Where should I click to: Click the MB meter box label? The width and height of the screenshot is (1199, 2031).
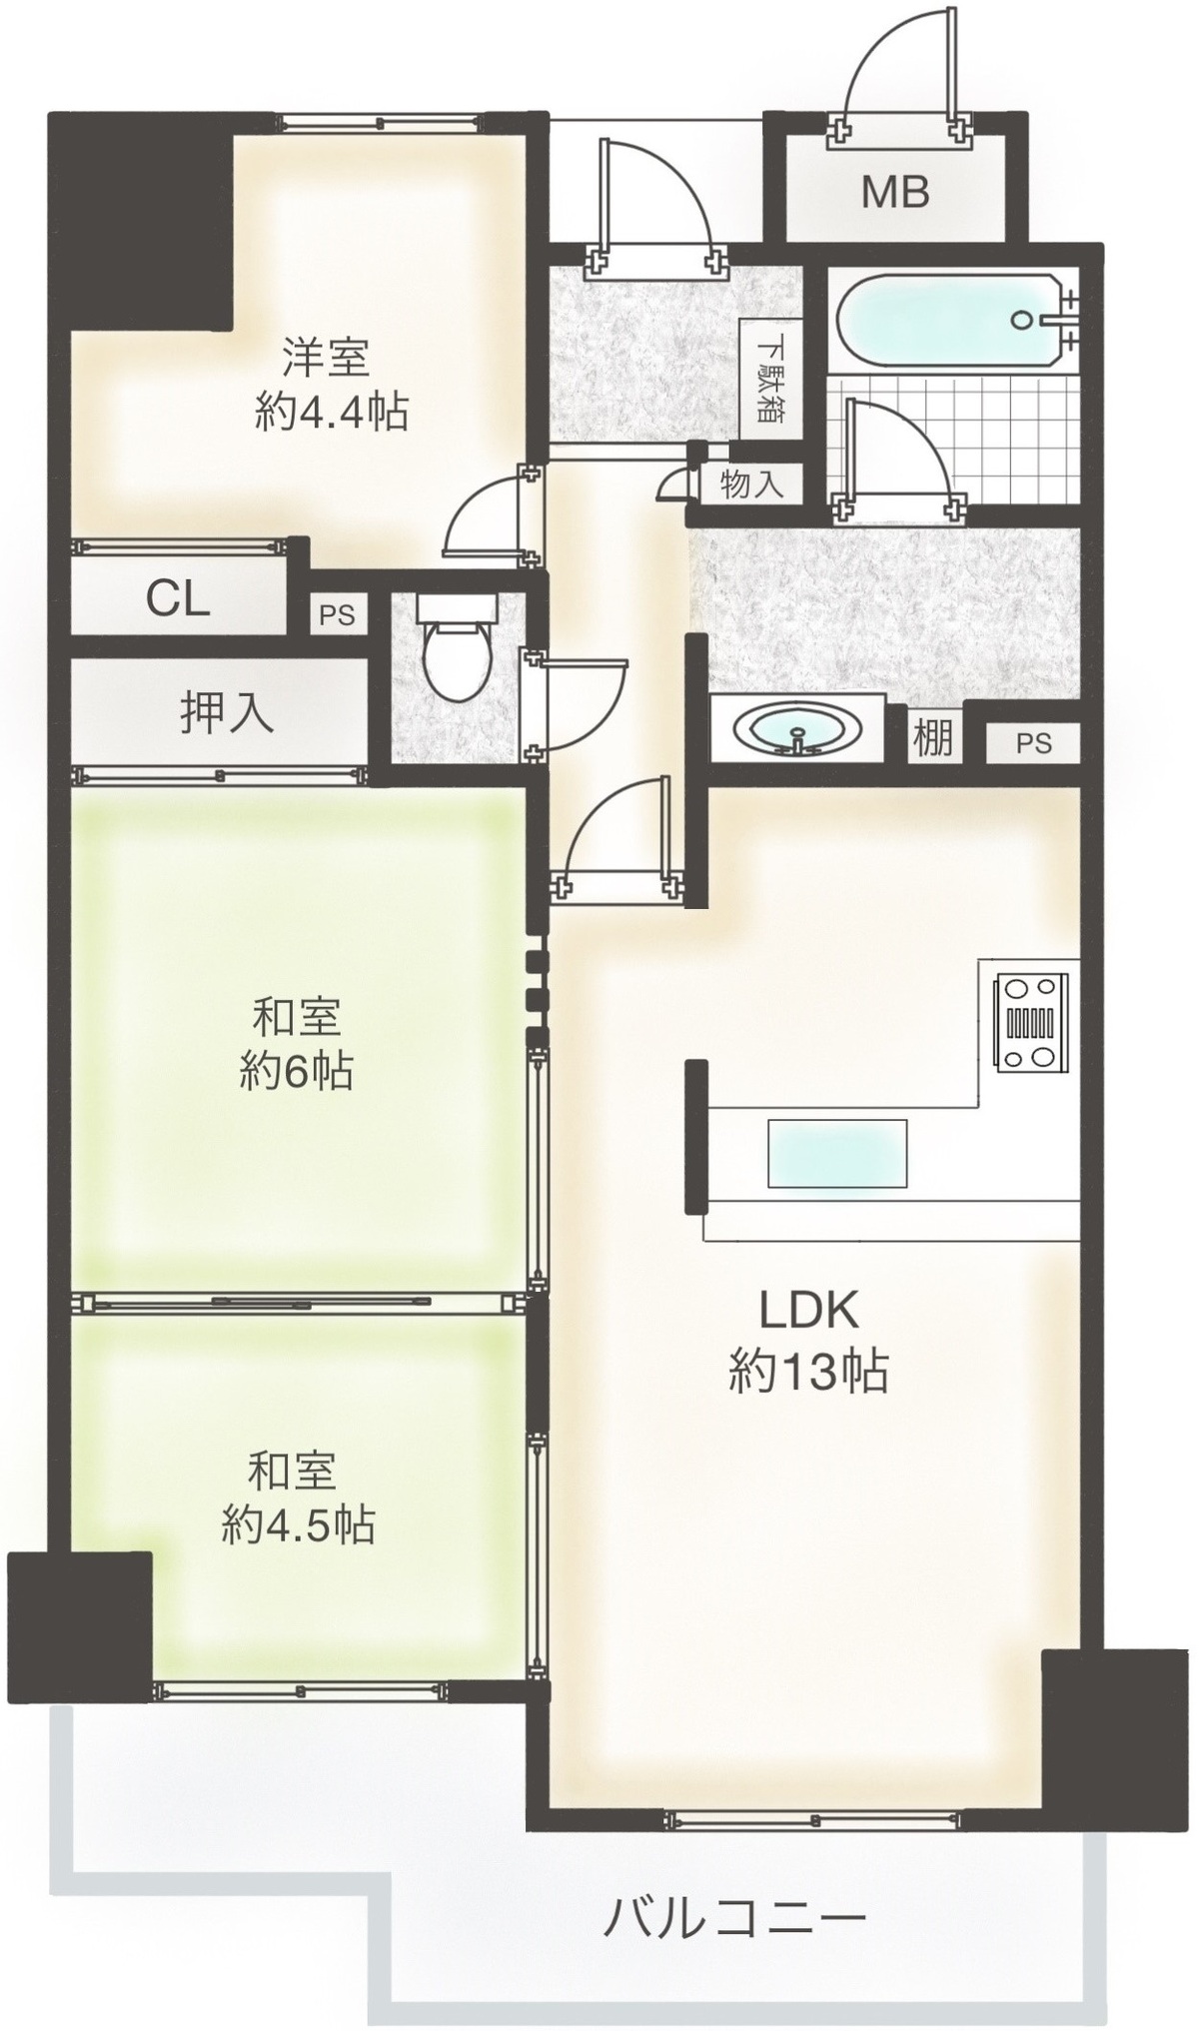point(895,191)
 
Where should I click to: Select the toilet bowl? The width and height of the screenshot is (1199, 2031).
point(456,650)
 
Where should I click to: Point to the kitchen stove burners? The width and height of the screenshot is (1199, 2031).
point(1029,1023)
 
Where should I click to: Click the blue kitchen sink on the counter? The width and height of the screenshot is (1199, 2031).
point(837,1153)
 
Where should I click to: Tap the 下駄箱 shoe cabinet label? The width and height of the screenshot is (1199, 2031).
point(769,381)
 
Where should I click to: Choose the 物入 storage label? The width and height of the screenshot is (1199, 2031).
point(750,486)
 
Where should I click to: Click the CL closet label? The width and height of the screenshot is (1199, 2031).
point(178,598)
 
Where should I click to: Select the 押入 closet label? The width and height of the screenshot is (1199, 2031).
point(227,713)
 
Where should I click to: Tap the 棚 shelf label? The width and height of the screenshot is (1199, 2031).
point(932,737)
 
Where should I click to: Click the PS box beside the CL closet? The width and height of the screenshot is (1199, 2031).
point(337,615)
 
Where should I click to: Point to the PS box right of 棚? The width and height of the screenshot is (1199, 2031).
point(1034,743)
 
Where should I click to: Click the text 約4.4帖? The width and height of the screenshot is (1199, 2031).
point(332,411)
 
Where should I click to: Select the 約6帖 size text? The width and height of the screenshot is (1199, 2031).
point(296,1072)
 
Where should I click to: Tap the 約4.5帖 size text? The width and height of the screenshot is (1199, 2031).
point(298,1525)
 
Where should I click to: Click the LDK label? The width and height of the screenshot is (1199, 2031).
point(809,1310)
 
